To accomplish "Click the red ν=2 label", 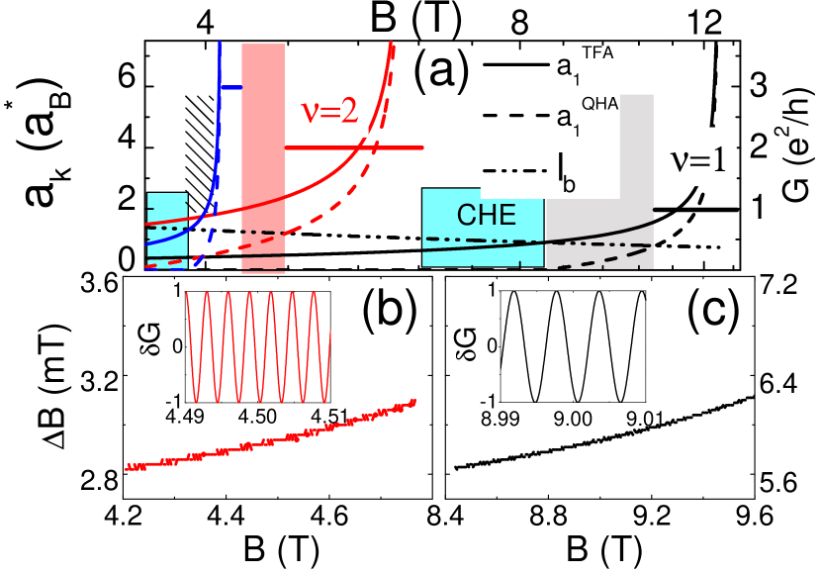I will click(x=328, y=109).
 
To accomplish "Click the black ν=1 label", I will click(x=698, y=160).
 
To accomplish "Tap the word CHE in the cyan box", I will click(x=486, y=215).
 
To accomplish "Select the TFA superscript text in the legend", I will click(x=597, y=53).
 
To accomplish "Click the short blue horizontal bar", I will click(x=229, y=88).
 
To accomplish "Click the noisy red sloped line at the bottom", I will click(x=267, y=438).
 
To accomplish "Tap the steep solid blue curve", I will click(x=210, y=178).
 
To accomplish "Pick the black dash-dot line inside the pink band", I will click(x=263, y=233).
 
